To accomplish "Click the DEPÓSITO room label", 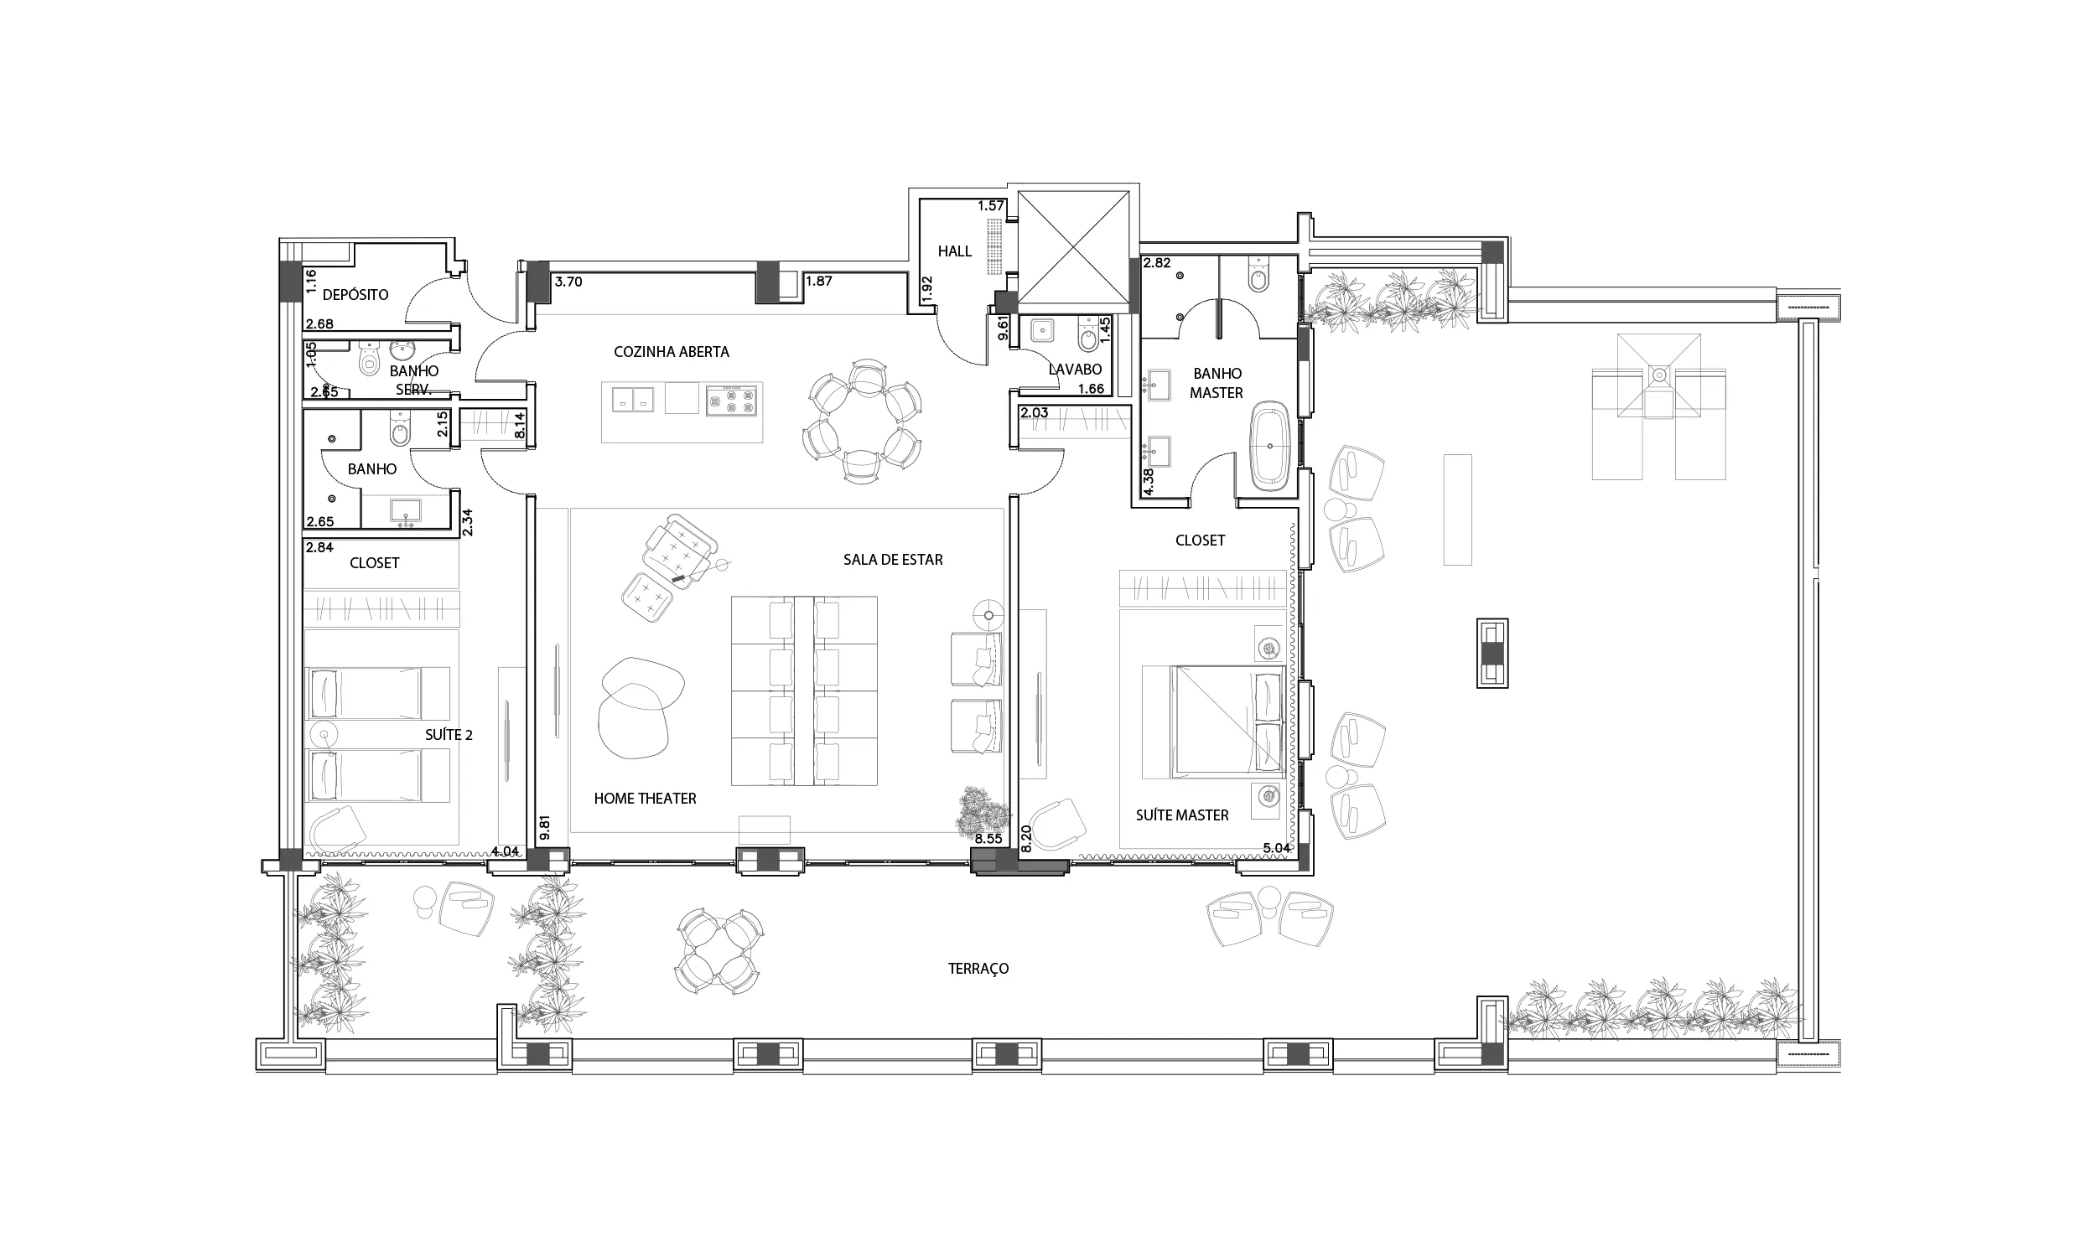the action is click(x=355, y=295).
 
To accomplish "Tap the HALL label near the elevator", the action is click(x=955, y=251).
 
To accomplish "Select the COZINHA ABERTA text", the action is click(x=671, y=351).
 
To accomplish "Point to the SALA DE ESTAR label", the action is click(x=893, y=560).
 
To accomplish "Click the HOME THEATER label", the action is click(x=645, y=799).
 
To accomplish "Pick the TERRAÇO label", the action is click(x=978, y=969).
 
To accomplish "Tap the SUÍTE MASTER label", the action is click(x=1182, y=815).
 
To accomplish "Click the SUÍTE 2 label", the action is click(x=449, y=735).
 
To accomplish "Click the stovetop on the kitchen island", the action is click(x=731, y=400).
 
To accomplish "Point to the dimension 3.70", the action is click(x=568, y=282).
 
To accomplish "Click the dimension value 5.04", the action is click(x=1277, y=848).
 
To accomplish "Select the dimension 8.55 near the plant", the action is click(x=988, y=840).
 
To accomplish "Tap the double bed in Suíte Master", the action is click(x=1213, y=722).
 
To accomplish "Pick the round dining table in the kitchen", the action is click(x=862, y=421).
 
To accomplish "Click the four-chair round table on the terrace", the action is click(x=719, y=952).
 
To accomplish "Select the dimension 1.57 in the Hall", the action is click(x=991, y=206).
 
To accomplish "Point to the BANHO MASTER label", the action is click(x=1217, y=384).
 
